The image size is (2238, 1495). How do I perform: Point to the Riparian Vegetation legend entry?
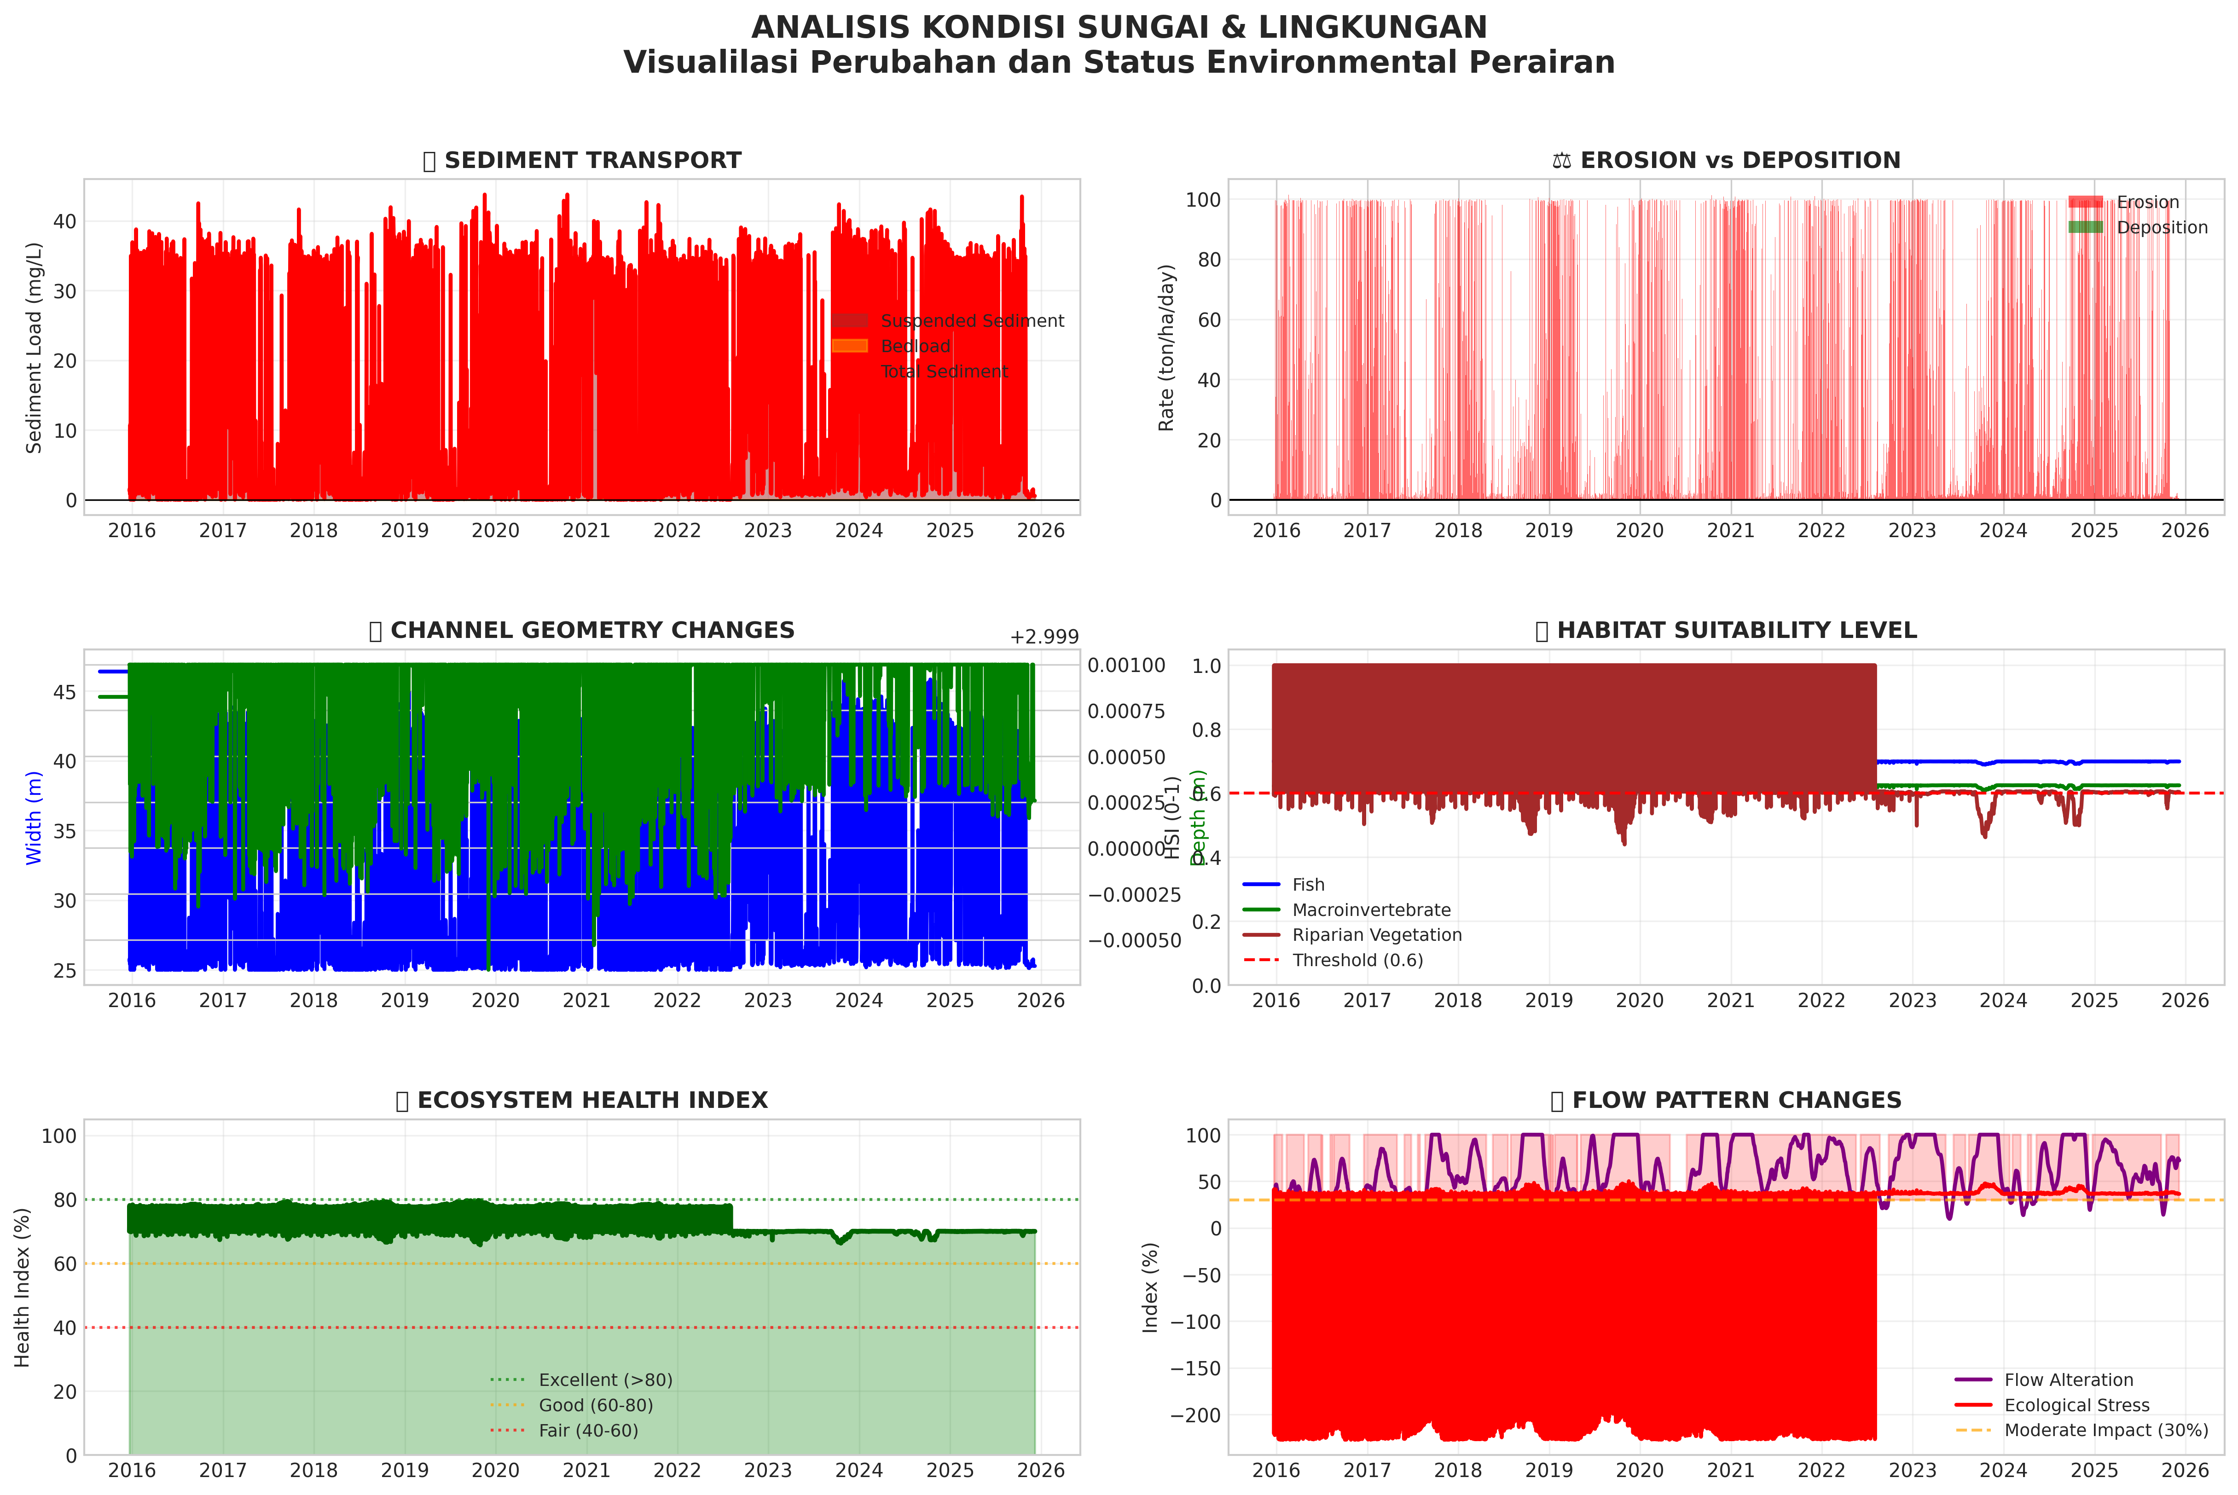pyautogui.click(x=1376, y=935)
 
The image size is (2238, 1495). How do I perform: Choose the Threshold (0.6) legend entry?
pyautogui.click(x=1357, y=960)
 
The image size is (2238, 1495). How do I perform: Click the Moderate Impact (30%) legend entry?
pyautogui.click(x=2105, y=1430)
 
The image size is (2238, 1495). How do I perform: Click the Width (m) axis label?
pyautogui.click(x=35, y=818)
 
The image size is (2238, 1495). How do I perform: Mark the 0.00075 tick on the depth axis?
pyautogui.click(x=1126, y=711)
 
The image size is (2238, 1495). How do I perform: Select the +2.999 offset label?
pyautogui.click(x=1044, y=637)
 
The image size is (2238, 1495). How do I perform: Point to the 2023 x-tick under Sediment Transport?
pyautogui.click(x=768, y=530)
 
